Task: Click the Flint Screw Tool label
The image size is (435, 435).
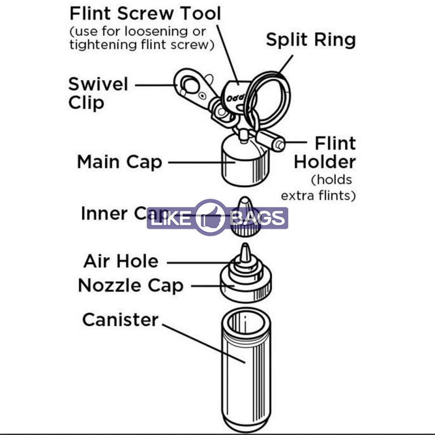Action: (145, 12)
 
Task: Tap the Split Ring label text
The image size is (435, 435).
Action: (310, 40)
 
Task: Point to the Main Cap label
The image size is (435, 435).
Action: (120, 162)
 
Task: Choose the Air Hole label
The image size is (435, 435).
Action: (121, 261)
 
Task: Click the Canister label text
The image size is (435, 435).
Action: (120, 319)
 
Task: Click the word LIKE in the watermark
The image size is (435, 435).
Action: (170, 219)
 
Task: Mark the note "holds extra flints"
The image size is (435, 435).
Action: (318, 188)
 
